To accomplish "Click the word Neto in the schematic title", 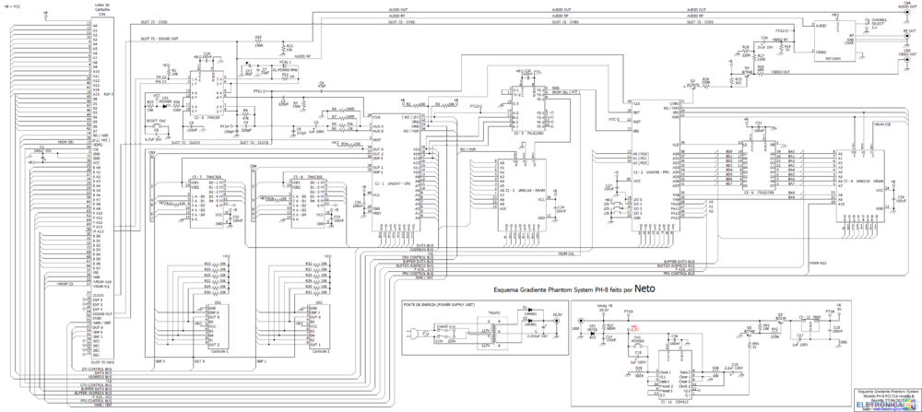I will click(x=645, y=288).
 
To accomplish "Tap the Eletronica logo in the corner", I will click(x=887, y=403).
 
